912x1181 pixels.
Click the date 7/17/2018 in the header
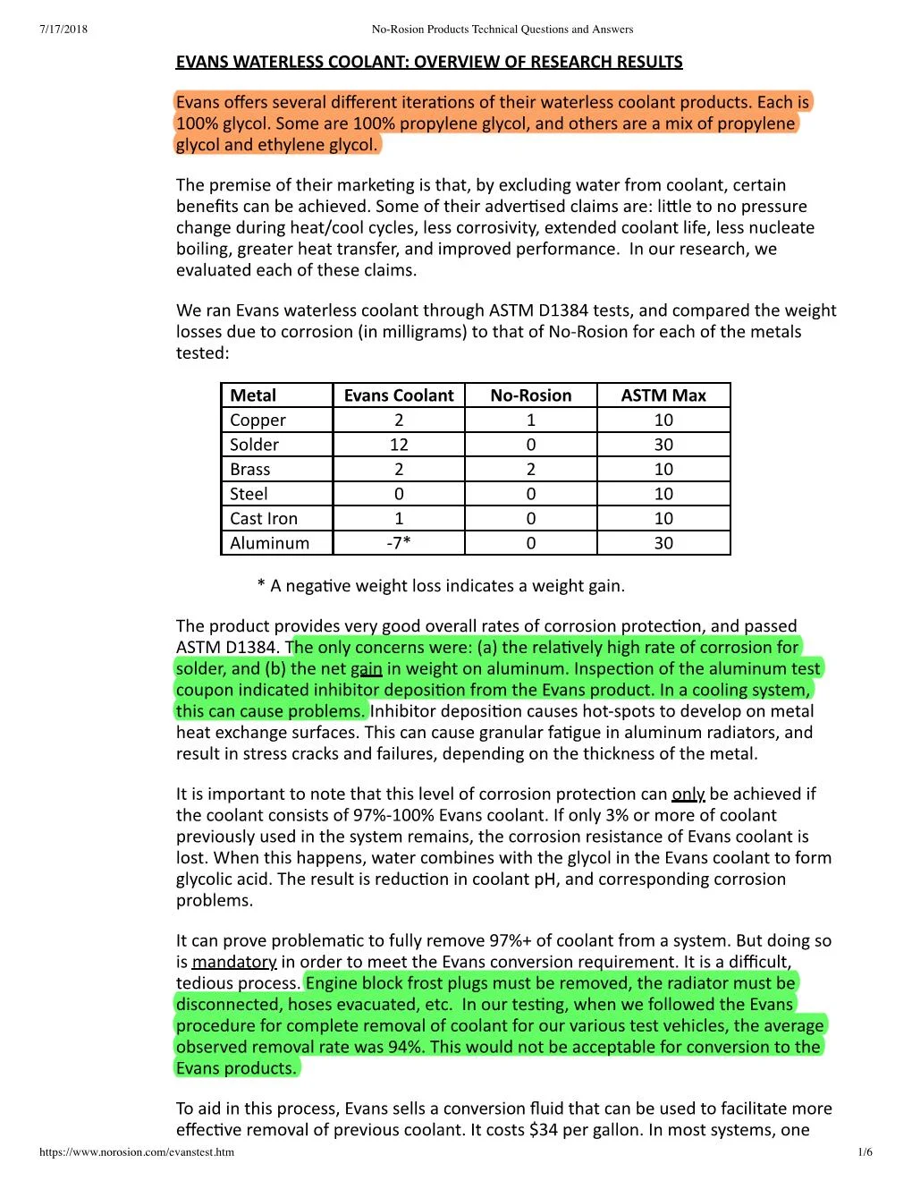(63, 29)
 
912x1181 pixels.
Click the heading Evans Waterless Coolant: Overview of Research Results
(428, 62)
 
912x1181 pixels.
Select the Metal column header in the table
(253, 395)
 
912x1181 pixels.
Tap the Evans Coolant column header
(399, 395)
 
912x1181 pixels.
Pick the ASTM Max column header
(663, 395)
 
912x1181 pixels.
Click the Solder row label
(254, 445)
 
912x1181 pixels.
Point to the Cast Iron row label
(264, 518)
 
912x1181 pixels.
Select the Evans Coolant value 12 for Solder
(399, 445)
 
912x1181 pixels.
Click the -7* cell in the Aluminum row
(399, 543)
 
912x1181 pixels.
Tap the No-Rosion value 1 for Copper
(531, 420)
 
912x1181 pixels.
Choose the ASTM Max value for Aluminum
(663, 543)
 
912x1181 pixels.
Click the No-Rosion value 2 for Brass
(531, 469)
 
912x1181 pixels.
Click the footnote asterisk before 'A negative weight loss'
(261, 586)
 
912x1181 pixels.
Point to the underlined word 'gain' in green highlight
(366, 668)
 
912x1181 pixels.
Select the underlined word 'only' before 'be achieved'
(688, 794)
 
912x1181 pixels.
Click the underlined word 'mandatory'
(234, 962)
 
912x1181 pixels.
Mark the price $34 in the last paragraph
(544, 1130)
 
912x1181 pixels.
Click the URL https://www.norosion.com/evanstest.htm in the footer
(137, 1152)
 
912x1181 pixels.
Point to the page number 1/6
(865, 1152)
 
